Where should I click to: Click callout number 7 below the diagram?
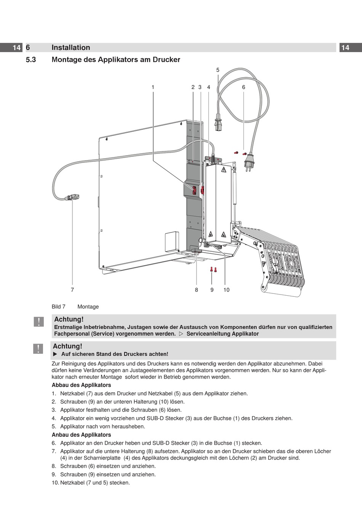72,290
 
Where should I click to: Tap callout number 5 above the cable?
218,70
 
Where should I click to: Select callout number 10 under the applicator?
226,290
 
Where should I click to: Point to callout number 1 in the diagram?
153,87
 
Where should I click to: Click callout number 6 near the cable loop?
244,87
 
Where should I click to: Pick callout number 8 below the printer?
197,290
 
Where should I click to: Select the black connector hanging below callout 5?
218,124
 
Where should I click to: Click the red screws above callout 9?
213,269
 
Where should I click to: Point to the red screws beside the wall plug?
240,153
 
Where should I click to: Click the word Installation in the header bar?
71,48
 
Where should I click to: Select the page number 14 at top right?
345,48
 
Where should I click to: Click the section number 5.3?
31,60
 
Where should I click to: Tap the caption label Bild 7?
58,307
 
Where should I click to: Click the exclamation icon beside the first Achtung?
38,322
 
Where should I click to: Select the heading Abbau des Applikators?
81,385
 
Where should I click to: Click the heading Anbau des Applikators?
81,435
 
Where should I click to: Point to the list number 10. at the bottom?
56,483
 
